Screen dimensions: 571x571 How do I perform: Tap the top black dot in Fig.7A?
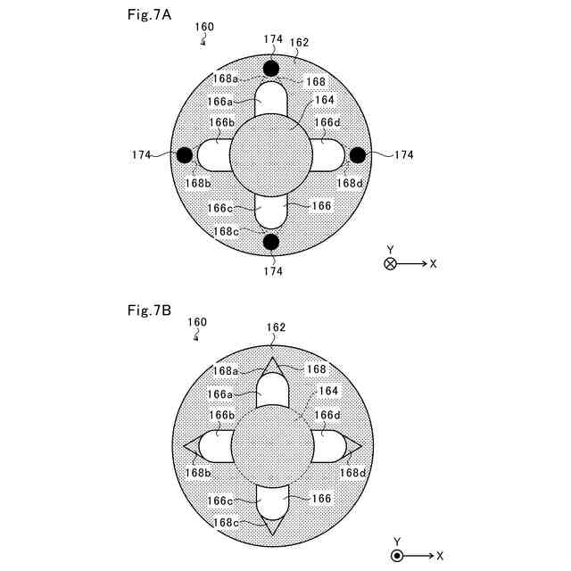click(271, 69)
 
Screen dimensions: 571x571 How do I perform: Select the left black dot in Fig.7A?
click(185, 155)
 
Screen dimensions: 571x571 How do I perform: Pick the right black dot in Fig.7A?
click(357, 155)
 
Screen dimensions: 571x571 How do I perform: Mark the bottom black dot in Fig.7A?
click(271, 242)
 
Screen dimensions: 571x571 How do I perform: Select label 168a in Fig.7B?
click(226, 370)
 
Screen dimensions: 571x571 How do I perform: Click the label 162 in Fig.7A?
click(299, 41)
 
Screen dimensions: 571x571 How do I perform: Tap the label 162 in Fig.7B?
click(276, 327)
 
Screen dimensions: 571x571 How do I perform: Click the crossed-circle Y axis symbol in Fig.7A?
click(390, 263)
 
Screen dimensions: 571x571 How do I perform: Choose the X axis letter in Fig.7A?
click(433, 264)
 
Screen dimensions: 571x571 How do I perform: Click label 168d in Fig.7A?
click(350, 184)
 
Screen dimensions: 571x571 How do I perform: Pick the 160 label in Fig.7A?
click(204, 27)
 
